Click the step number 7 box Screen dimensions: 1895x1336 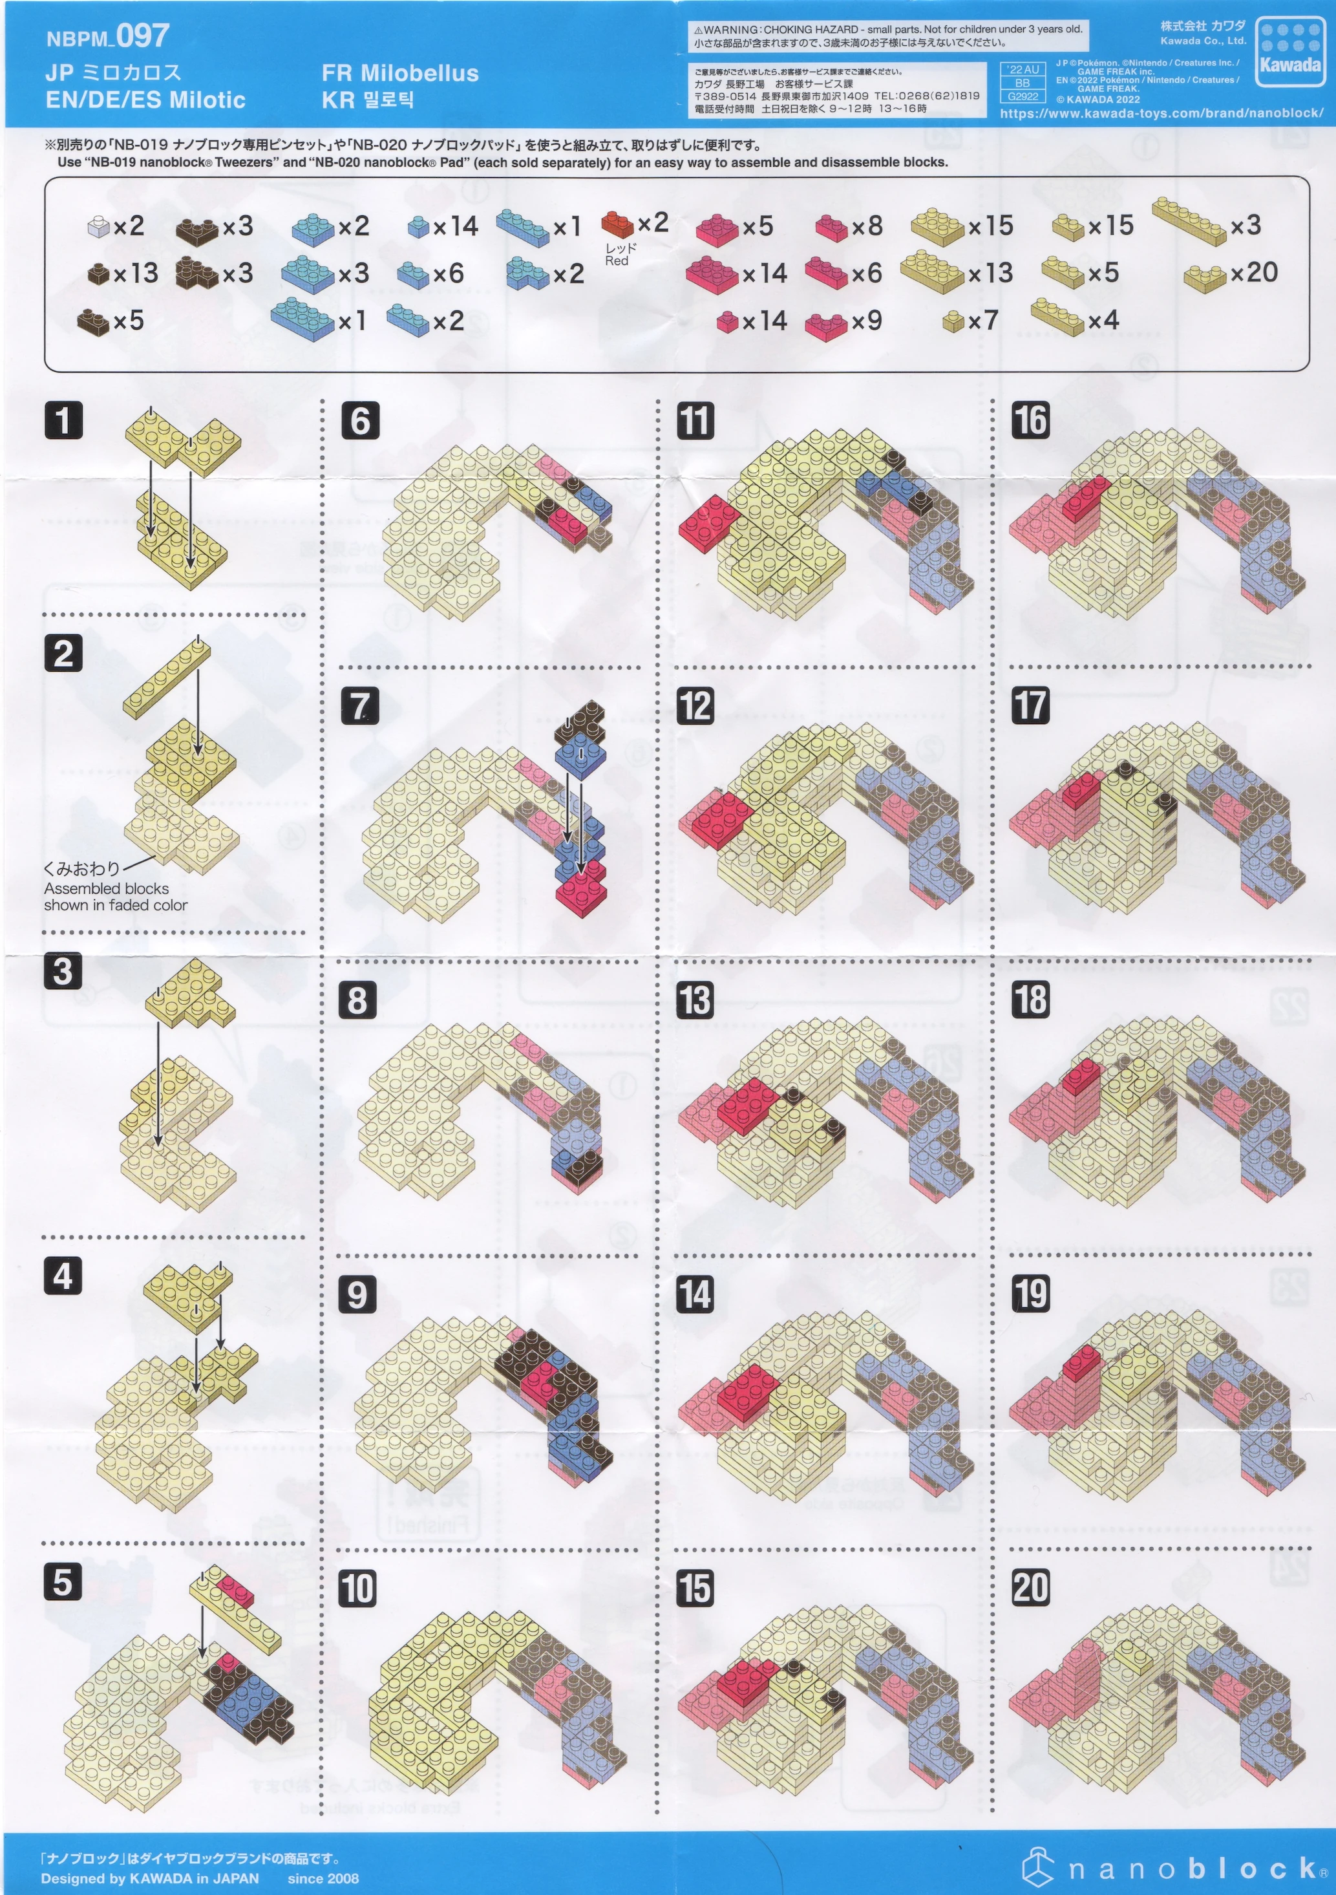361,705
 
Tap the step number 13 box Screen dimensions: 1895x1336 695,1000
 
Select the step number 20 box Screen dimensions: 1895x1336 1031,1587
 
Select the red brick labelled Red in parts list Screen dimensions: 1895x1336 617,224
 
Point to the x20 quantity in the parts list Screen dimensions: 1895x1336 1253,272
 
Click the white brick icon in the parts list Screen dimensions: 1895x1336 98,227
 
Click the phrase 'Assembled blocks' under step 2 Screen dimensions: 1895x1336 107,888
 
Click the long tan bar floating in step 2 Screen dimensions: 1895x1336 167,676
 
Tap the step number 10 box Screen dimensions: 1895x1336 357,1589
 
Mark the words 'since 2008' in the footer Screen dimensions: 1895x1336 323,1878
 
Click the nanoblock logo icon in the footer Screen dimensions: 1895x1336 1039,1868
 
